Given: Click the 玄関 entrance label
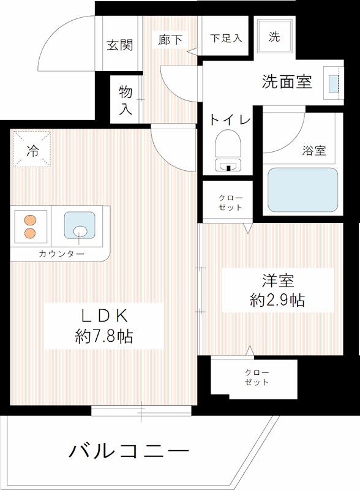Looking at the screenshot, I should pos(119,45).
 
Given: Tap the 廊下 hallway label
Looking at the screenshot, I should pos(170,40).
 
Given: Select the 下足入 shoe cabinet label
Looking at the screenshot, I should pos(226,37).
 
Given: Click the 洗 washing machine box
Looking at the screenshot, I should pos(274,37).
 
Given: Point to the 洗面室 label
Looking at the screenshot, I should pos(287,81).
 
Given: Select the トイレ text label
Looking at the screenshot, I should pos(230,119).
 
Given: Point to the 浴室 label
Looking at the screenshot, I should pos(314,151).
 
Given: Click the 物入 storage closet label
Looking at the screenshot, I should pos(126,100).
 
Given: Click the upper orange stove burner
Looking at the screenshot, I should pos(29,220).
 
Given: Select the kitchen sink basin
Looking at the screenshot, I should pos(80,225).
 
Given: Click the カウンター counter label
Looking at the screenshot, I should pos(61,254).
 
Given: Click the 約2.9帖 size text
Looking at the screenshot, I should pos(277,300).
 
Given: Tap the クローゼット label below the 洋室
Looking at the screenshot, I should pos(257,377).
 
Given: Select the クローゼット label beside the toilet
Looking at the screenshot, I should pos(230,203).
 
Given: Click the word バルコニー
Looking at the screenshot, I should pos(129,452).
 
